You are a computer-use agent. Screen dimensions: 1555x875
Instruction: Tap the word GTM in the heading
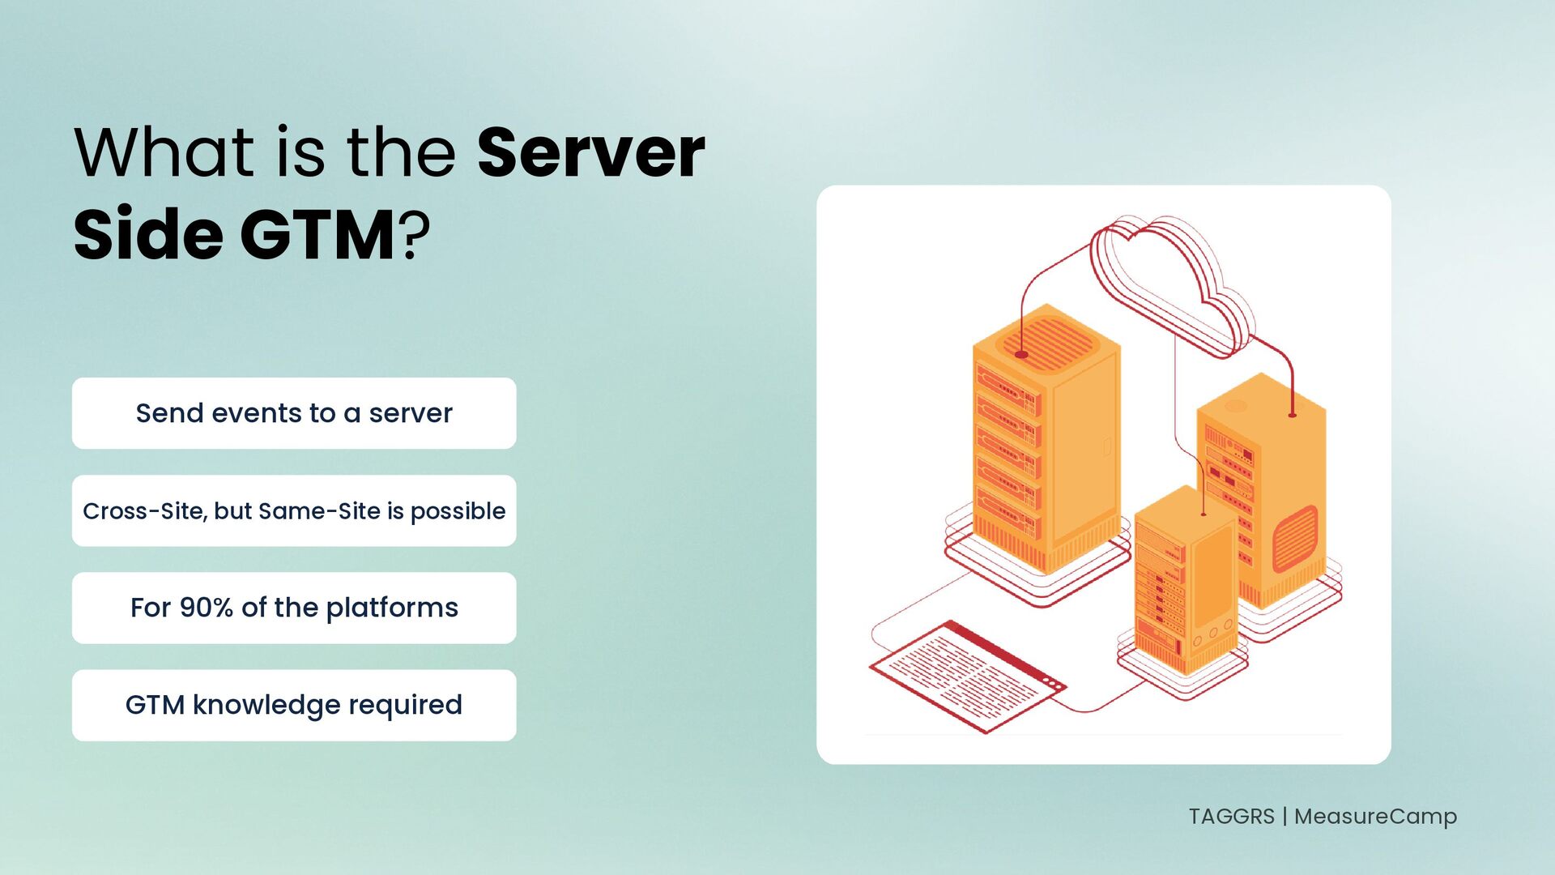click(x=317, y=235)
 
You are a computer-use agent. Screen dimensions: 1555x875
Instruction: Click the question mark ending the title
click(x=414, y=235)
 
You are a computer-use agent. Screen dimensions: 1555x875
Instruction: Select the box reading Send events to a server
click(x=294, y=413)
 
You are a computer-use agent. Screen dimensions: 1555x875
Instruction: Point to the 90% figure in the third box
click(x=206, y=608)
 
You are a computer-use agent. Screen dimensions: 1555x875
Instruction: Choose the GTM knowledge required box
click(x=294, y=705)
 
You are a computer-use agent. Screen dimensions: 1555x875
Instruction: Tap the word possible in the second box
click(x=458, y=512)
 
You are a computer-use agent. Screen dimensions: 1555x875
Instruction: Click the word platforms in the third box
click(x=392, y=608)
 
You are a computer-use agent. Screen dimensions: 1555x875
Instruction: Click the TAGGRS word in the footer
click(x=1231, y=816)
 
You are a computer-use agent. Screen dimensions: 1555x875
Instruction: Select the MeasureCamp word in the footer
click(x=1375, y=817)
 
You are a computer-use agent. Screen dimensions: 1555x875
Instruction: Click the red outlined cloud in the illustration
click(x=1170, y=284)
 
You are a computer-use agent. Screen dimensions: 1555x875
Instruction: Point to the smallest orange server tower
click(x=1186, y=579)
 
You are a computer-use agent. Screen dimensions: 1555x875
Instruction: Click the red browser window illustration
click(x=967, y=677)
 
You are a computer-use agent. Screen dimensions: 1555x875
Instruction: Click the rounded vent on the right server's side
click(x=1295, y=539)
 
